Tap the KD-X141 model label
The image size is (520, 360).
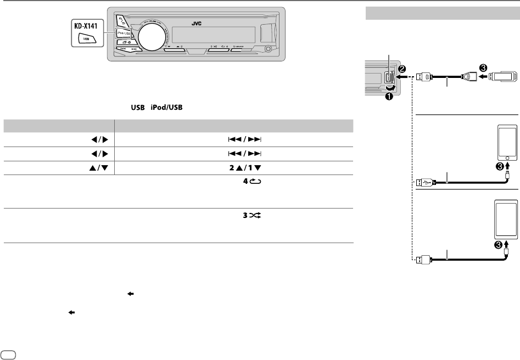tap(83, 26)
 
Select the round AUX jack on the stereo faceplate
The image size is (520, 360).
tap(267, 50)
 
